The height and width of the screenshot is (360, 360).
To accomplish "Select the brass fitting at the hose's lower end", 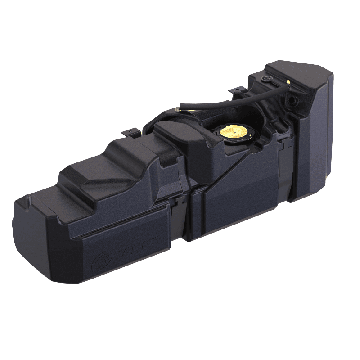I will coord(177,109).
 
